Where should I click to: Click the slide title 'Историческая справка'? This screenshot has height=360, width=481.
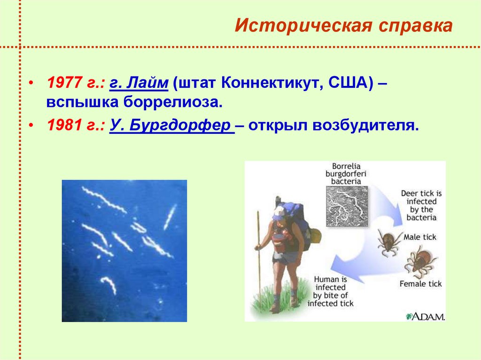coord(344,26)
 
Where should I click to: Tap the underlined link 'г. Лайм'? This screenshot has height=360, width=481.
coord(139,84)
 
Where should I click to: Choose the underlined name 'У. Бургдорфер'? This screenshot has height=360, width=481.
coord(171,126)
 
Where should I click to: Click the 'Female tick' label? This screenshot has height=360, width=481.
coord(420,283)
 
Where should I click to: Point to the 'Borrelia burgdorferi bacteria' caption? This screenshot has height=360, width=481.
coord(349,173)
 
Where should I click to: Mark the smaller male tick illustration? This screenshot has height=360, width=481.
coord(388,242)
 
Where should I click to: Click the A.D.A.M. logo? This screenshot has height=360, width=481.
coord(426,316)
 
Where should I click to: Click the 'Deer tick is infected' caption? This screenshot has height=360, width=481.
coord(421,205)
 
